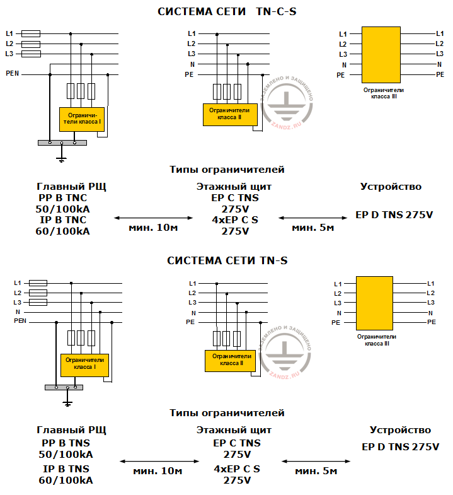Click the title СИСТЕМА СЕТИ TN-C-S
click(x=227, y=11)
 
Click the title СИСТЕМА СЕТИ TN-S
click(x=227, y=260)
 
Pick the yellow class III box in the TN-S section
click(x=376, y=303)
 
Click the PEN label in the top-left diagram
click(x=13, y=74)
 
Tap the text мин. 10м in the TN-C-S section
click(x=152, y=227)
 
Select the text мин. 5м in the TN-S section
click(x=316, y=471)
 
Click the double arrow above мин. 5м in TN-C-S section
click(x=312, y=217)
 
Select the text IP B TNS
click(x=66, y=469)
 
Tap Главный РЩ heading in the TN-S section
click(x=71, y=430)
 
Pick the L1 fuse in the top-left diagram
click(x=31, y=33)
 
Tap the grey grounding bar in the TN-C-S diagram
click(x=61, y=143)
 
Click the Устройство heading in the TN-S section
click(x=400, y=430)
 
